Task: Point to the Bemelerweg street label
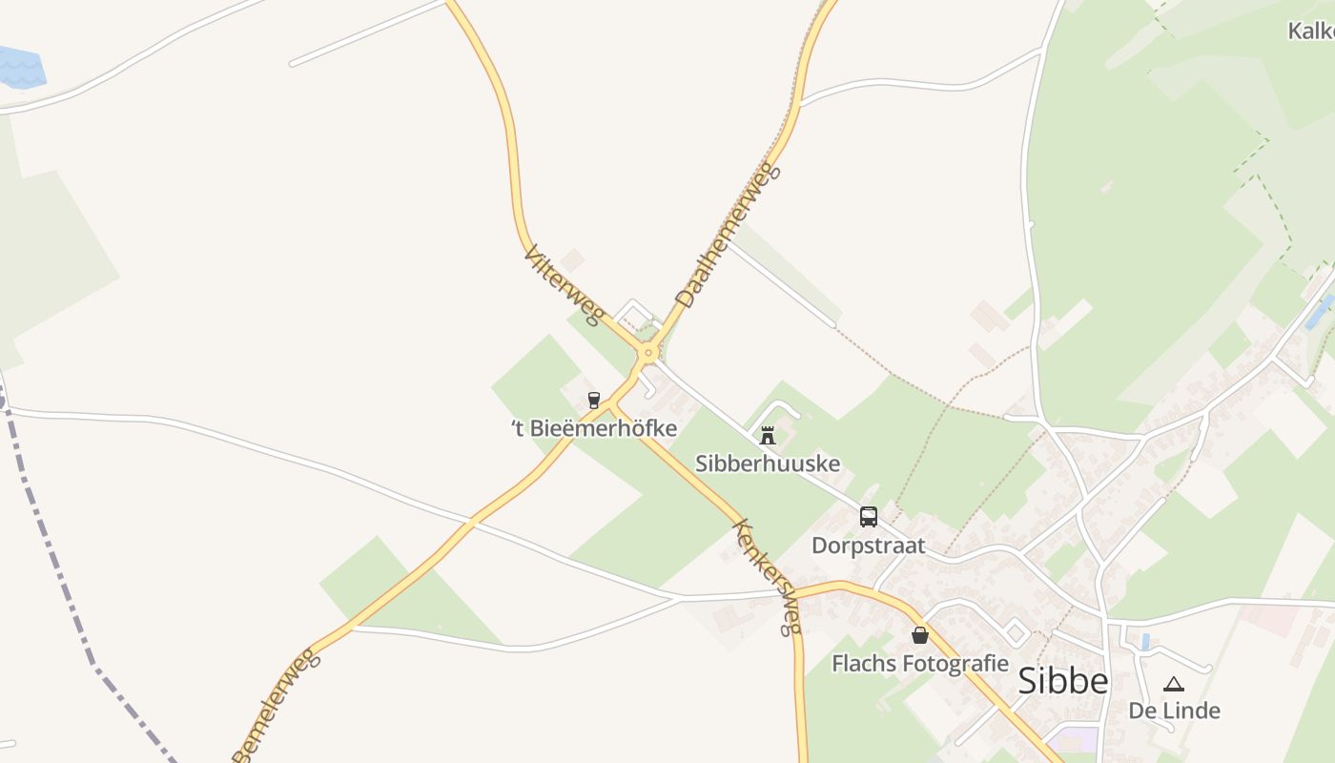point(274,704)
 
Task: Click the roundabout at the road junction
point(648,353)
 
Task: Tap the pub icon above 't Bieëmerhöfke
point(594,400)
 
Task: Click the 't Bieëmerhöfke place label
point(594,428)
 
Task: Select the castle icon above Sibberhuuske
point(767,436)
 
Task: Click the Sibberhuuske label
point(768,464)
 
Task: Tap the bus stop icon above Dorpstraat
point(868,517)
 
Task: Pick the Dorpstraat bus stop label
point(868,546)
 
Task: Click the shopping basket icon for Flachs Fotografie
point(919,634)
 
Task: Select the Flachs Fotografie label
point(919,663)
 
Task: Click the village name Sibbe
point(1062,680)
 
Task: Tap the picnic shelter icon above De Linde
point(1174,683)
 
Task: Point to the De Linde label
point(1174,711)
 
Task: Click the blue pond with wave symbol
point(19,67)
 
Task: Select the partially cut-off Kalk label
point(1311,31)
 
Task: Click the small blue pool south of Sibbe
point(1145,642)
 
